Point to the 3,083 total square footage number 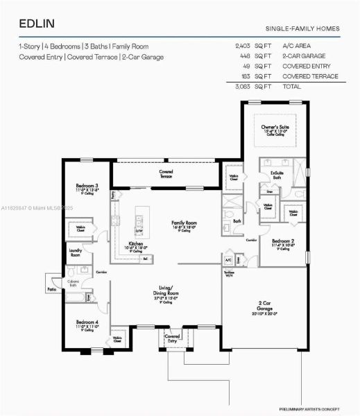pyautogui.click(x=246, y=87)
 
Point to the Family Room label pyautogui.click(x=184, y=223)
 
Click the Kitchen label pyautogui.click(x=136, y=244)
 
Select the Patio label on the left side pyautogui.click(x=51, y=289)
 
